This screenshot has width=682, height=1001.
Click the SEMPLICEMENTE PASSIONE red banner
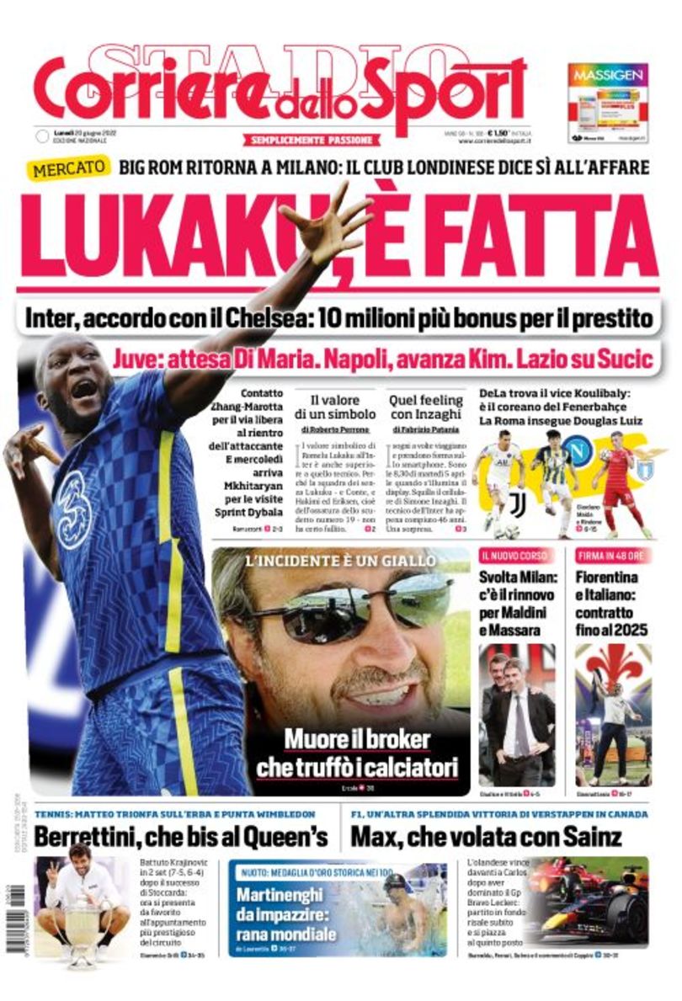[x=314, y=140]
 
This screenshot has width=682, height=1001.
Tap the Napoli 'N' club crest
[x=578, y=454]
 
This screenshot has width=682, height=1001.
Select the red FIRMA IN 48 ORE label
[x=610, y=556]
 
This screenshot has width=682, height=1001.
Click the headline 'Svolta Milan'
[x=510, y=578]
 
